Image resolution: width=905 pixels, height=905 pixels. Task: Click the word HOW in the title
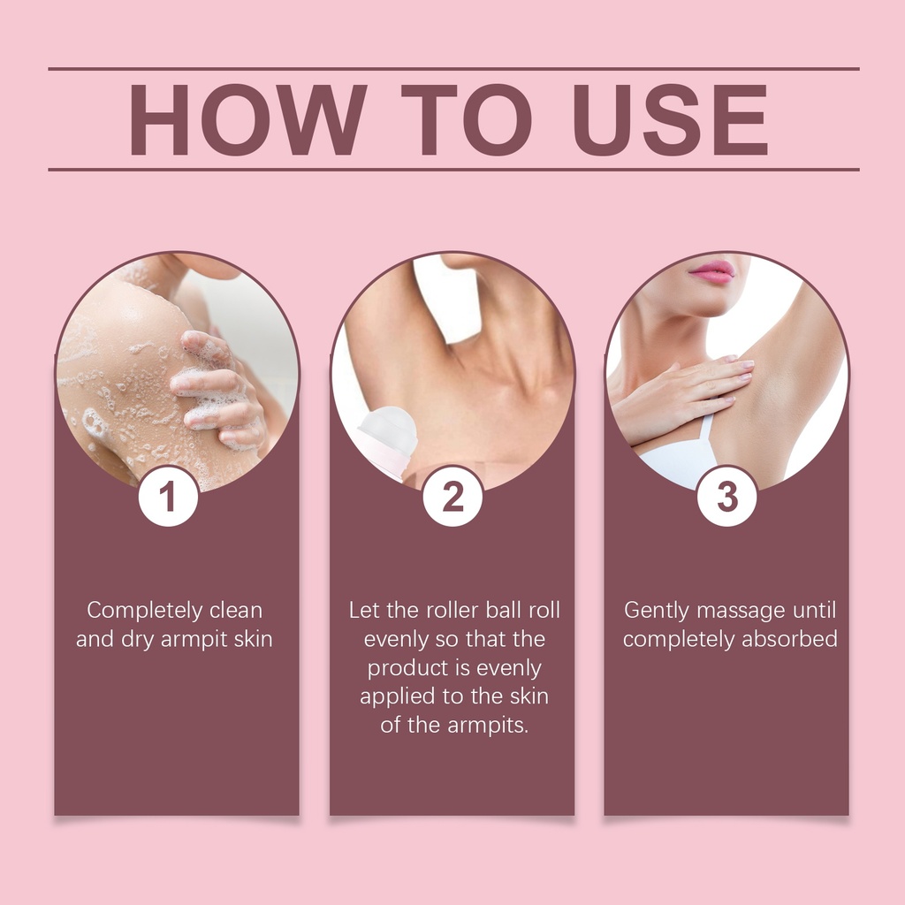point(248,120)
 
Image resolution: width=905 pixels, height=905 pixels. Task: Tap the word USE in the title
point(670,120)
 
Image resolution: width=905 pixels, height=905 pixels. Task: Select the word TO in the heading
point(467,120)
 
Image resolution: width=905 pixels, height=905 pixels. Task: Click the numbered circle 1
point(168,497)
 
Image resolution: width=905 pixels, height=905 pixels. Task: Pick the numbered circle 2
point(452,497)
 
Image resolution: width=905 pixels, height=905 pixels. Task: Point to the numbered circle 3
point(726,497)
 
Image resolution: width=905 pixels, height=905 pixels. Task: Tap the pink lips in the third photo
point(711,271)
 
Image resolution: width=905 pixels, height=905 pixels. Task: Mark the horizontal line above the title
point(453,69)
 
